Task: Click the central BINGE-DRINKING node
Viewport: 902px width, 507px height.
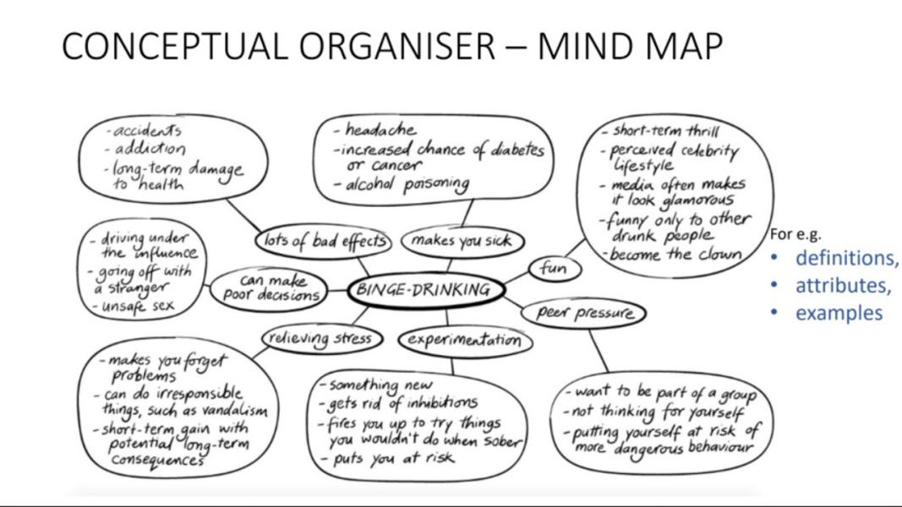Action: (426, 290)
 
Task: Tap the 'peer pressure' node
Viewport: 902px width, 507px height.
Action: (584, 313)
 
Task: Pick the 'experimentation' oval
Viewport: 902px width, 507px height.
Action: (465, 340)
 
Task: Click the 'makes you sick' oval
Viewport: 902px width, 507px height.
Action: (462, 241)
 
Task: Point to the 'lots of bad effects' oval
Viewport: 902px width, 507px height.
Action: (324, 241)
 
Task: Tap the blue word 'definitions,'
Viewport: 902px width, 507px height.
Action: (846, 258)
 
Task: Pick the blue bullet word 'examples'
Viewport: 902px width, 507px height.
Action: (839, 312)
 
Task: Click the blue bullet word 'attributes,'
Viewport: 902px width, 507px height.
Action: (843, 285)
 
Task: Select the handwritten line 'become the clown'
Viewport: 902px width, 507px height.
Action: (675, 253)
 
